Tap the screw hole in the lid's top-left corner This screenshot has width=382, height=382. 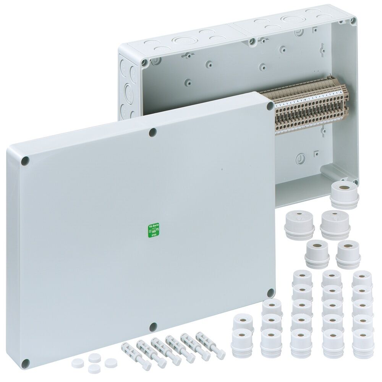(26, 161)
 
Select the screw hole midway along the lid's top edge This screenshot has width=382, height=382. (153, 132)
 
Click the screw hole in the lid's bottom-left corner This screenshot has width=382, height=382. (26, 363)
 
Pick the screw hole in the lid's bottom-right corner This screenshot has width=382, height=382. (271, 292)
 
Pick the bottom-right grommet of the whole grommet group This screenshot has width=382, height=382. (362, 338)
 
